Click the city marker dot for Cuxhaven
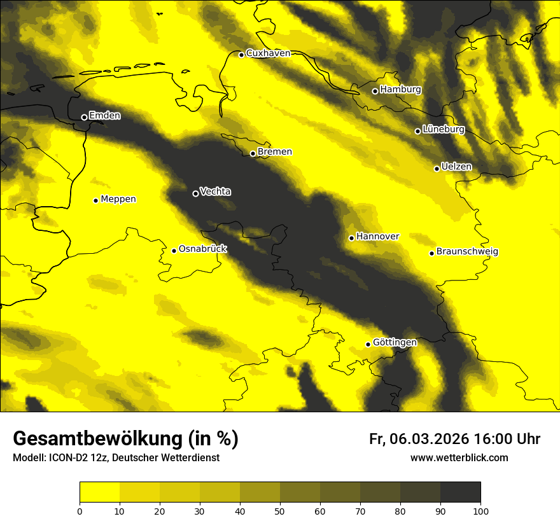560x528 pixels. [x=241, y=55]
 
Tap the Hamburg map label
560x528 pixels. [x=400, y=90]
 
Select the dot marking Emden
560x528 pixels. [x=84, y=117]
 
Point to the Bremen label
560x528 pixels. [x=274, y=152]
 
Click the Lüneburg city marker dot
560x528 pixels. [x=417, y=131]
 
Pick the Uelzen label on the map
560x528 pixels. [x=456, y=167]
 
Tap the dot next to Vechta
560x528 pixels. [x=195, y=193]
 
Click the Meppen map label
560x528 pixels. [x=118, y=199]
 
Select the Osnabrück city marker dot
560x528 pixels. [x=174, y=251]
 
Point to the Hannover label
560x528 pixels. [x=377, y=237]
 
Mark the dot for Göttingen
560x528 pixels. [x=368, y=344]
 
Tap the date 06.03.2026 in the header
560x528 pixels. [x=429, y=439]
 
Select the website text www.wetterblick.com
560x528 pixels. [x=459, y=457]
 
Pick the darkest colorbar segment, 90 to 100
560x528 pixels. [x=460, y=492]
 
